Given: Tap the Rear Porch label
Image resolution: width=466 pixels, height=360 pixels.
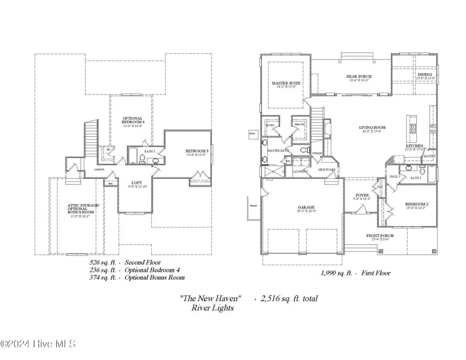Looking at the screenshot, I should point(359,77).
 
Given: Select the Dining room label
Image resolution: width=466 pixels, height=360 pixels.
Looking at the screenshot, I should point(424,75).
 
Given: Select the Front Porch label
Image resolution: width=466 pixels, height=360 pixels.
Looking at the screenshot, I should point(380,236).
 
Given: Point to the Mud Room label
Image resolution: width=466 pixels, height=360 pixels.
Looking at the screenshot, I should point(327,169).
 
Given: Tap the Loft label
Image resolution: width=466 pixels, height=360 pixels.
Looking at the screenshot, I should point(137,183).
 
